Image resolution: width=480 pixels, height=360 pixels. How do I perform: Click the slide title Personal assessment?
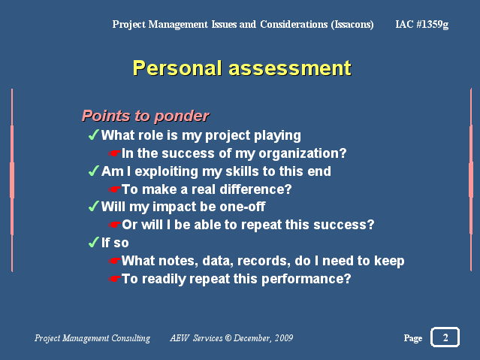tap(242, 68)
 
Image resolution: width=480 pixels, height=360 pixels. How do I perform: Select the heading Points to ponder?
tap(146, 116)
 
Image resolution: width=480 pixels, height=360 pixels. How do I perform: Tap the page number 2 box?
tap(445, 337)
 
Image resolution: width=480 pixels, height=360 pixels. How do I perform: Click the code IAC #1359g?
tap(422, 24)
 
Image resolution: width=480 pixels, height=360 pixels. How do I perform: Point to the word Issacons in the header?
tap(352, 24)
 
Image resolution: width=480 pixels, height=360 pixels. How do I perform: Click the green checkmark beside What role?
tap(94, 135)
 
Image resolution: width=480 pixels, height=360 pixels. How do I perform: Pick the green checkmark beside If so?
tap(94, 242)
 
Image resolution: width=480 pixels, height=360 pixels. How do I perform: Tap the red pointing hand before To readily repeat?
tap(115, 279)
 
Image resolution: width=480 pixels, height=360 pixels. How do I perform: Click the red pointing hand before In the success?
tap(115, 153)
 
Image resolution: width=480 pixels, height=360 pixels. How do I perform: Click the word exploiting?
tap(167, 171)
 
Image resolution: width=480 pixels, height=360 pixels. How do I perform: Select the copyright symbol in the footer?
tap(228, 337)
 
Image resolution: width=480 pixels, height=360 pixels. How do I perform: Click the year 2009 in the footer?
tap(284, 338)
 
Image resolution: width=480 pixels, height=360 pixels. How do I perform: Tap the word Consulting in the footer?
tap(131, 338)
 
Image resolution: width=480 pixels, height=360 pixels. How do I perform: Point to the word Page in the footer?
tap(413, 338)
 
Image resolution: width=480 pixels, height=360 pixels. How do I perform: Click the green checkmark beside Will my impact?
tap(94, 206)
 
